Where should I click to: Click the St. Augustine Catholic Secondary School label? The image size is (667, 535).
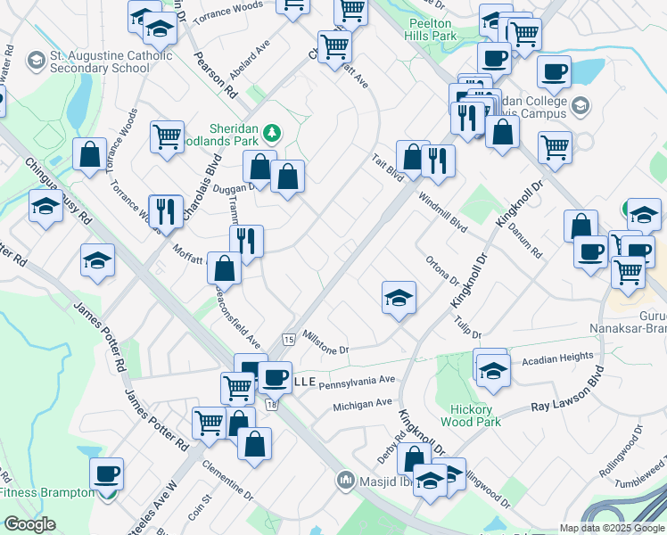click(x=99, y=61)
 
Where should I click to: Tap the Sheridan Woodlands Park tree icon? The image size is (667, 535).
click(x=271, y=134)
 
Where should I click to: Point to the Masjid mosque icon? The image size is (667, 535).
click(x=345, y=481)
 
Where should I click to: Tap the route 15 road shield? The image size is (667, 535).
click(x=288, y=340)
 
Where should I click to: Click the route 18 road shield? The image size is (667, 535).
click(x=271, y=405)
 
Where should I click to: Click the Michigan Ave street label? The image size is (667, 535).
click(x=363, y=404)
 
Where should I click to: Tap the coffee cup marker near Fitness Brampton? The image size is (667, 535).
click(x=107, y=474)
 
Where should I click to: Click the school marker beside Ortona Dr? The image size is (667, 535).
click(x=399, y=298)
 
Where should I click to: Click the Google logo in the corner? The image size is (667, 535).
click(x=29, y=524)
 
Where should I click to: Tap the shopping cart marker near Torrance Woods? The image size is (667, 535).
click(x=167, y=137)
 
